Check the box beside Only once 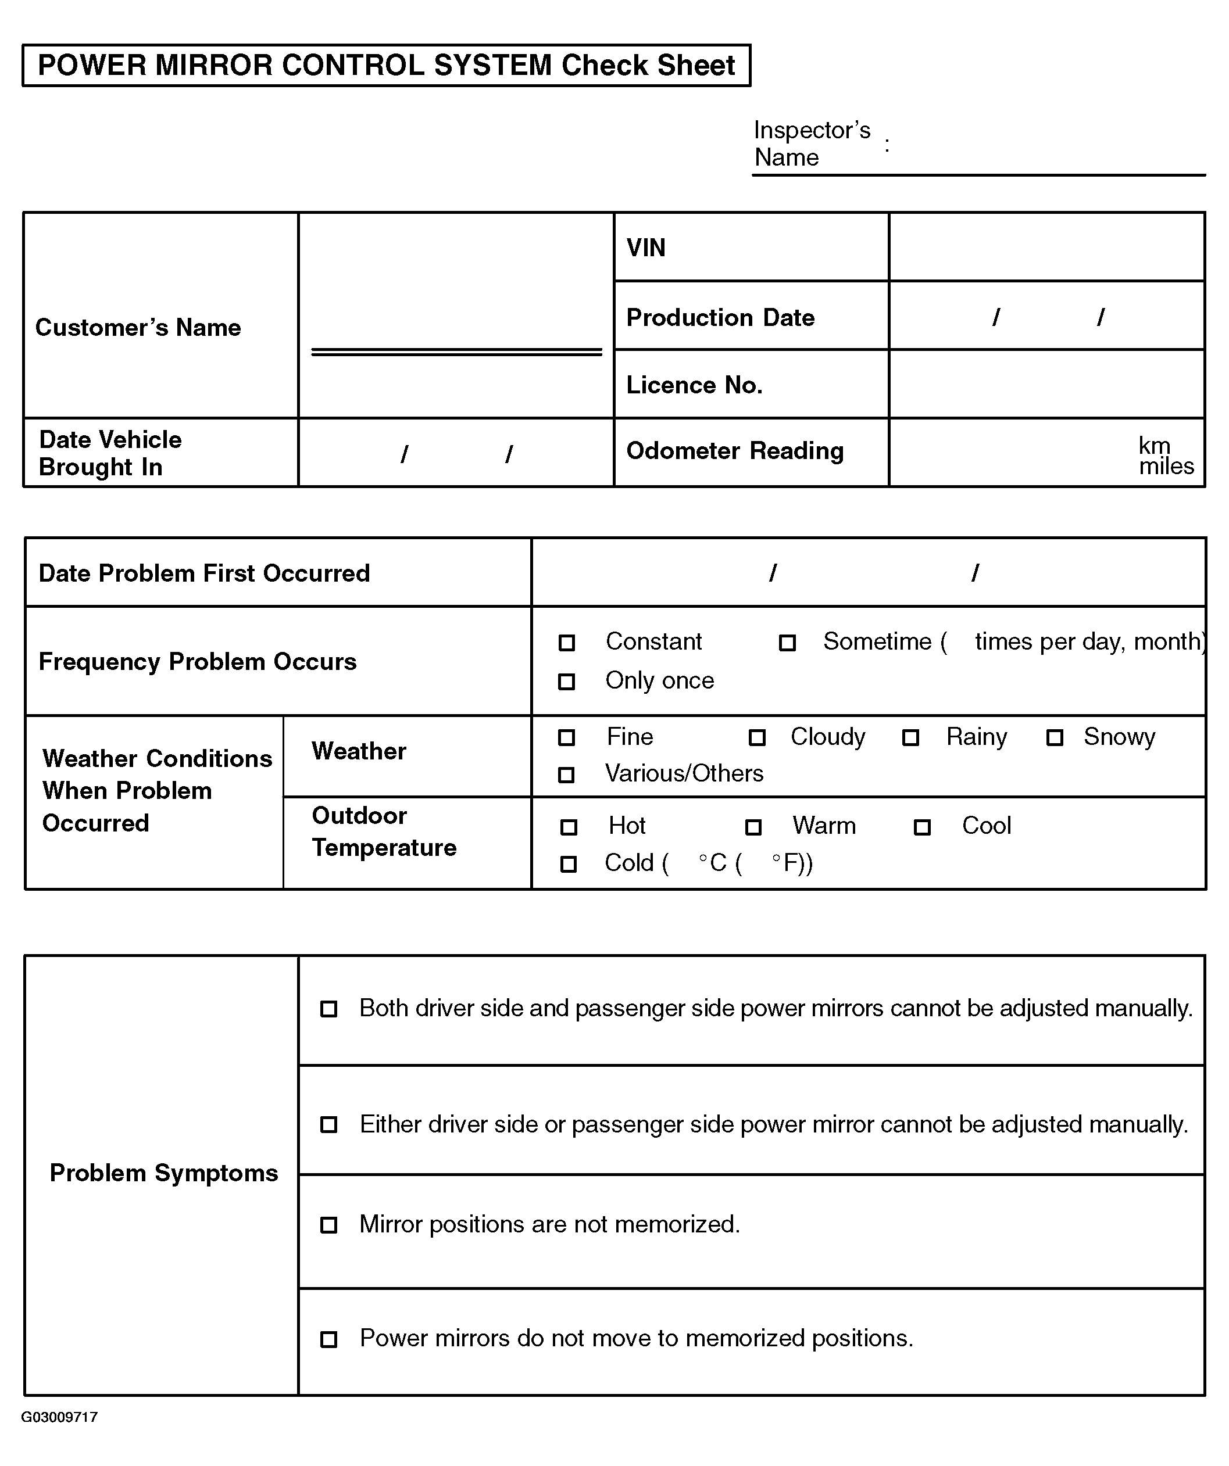click(x=567, y=682)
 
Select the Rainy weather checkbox click(x=910, y=738)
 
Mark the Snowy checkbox click(x=1055, y=738)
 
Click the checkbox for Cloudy click(x=757, y=738)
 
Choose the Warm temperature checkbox click(x=753, y=827)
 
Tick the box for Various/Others click(x=567, y=775)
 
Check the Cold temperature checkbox click(x=569, y=864)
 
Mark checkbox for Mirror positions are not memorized click(x=329, y=1225)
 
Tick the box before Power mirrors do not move click(x=329, y=1339)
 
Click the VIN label click(x=646, y=248)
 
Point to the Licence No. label click(x=694, y=385)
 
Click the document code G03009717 click(x=59, y=1417)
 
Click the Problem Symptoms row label click(x=164, y=1173)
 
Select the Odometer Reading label click(x=735, y=451)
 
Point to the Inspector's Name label click(x=812, y=143)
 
